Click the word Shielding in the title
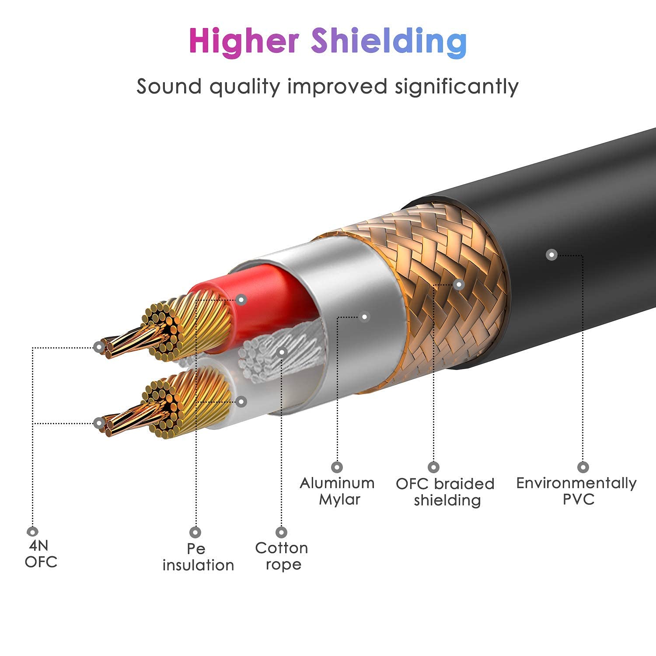[x=389, y=42]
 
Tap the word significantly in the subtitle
[x=457, y=86]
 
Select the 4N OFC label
[x=40, y=554]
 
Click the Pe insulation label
[x=198, y=557]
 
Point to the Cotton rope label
[x=282, y=556]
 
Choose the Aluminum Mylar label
[x=337, y=491]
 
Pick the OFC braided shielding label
[x=445, y=492]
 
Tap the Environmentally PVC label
[x=576, y=491]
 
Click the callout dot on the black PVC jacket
[x=552, y=255]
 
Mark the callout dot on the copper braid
[x=458, y=285]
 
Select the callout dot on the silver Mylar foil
[x=364, y=317]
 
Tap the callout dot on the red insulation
[x=241, y=300]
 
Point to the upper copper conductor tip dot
[x=100, y=348]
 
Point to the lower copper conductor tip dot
[x=99, y=423]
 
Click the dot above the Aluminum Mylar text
[x=337, y=467]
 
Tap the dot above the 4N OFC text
[x=32, y=531]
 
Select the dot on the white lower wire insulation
[x=241, y=401]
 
